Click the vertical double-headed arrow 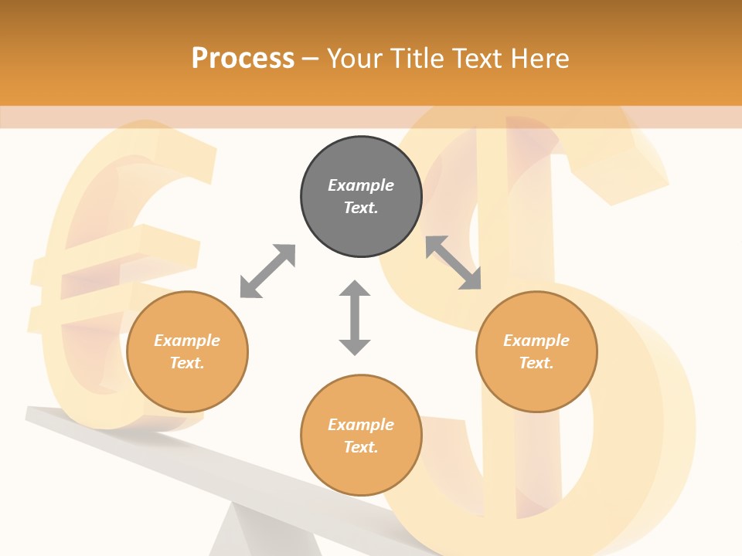click(355, 317)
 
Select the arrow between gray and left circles click(267, 271)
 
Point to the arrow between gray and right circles click(454, 263)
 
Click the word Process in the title click(243, 58)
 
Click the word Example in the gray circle click(361, 185)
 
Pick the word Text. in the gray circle click(361, 208)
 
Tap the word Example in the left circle click(187, 341)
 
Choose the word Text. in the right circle click(536, 363)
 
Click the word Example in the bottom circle click(361, 425)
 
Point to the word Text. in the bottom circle click(361, 447)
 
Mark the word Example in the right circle click(536, 341)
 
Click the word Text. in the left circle click(187, 363)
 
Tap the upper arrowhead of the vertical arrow click(355, 290)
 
